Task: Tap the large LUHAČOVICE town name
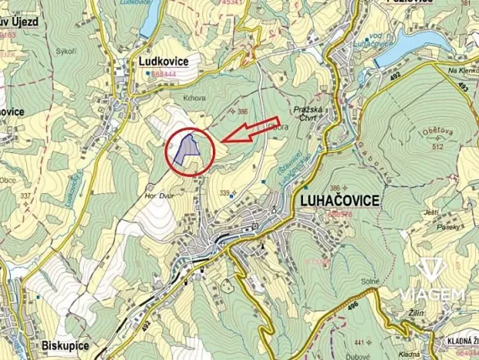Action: click(336, 201)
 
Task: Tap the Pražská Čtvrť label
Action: click(313, 112)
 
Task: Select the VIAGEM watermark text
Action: click(432, 295)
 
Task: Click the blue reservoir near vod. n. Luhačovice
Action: click(419, 39)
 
